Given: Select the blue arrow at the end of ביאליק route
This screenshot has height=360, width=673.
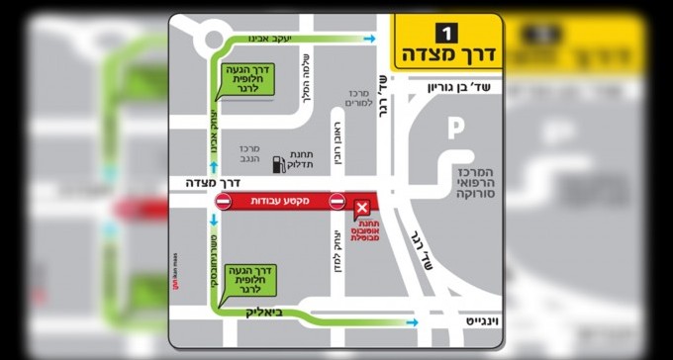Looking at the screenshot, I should [x=411, y=321].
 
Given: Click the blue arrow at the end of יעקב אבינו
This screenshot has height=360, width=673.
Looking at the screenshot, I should [x=370, y=40].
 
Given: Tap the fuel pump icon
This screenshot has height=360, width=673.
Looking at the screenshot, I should [x=280, y=163].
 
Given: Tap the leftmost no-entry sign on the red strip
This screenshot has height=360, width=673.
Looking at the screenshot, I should [x=223, y=202].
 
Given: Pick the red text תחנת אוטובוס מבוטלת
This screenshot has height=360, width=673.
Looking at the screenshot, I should [x=363, y=238].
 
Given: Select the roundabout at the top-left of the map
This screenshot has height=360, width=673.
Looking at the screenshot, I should [x=212, y=40].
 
